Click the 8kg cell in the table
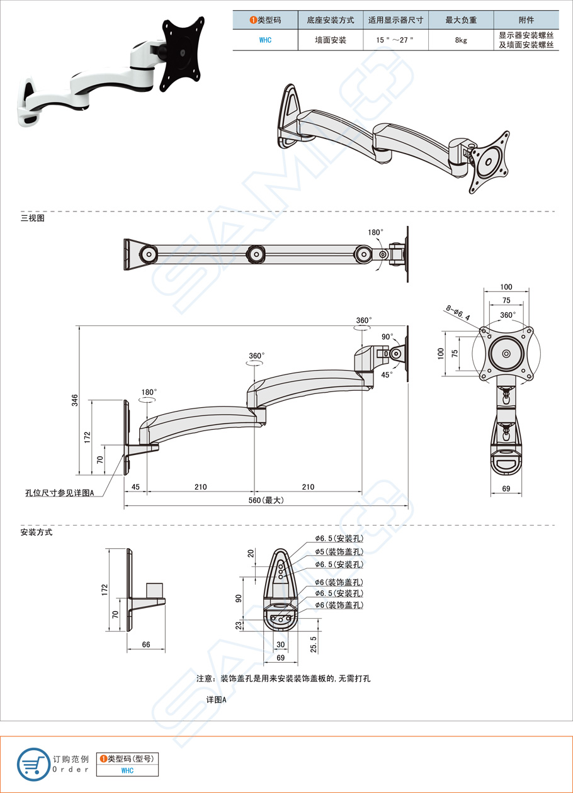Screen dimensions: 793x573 click(460, 40)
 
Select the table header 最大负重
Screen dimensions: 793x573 click(460, 20)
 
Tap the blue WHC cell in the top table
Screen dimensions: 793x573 click(266, 40)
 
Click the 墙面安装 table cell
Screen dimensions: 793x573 click(330, 40)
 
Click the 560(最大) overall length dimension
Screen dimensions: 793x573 click(267, 500)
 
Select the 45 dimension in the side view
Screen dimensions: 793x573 click(135, 486)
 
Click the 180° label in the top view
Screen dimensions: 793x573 click(375, 232)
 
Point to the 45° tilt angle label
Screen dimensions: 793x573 click(387, 374)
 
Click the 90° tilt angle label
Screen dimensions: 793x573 click(387, 337)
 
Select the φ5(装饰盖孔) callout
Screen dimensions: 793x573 click(339, 551)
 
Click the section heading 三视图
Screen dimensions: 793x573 click(32, 218)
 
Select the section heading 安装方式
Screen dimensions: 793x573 click(36, 532)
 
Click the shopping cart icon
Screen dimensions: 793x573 click(32, 763)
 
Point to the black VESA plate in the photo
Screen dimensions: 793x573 click(183, 55)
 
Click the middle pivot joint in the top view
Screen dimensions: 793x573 click(255, 254)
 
